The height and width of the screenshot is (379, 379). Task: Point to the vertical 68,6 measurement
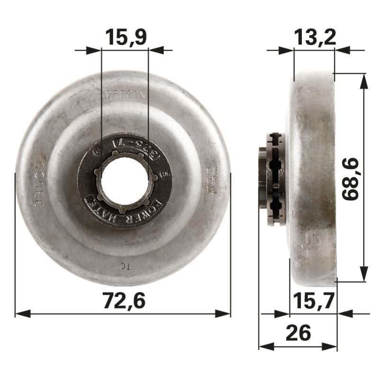tap(351, 180)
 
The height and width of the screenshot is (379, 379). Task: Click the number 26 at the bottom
tap(298, 333)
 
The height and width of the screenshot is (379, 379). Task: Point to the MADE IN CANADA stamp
tap(211, 180)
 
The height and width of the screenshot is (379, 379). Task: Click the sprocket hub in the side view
tap(272, 179)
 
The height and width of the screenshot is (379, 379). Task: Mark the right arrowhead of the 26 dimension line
tap(332, 346)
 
